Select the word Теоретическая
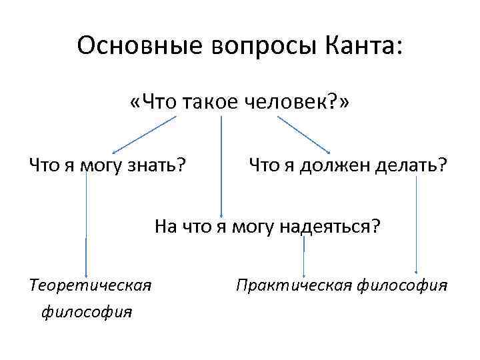pyautogui.click(x=91, y=286)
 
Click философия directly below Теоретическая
pyautogui.click(x=87, y=311)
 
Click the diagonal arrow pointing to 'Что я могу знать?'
pyautogui.click(x=144, y=134)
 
